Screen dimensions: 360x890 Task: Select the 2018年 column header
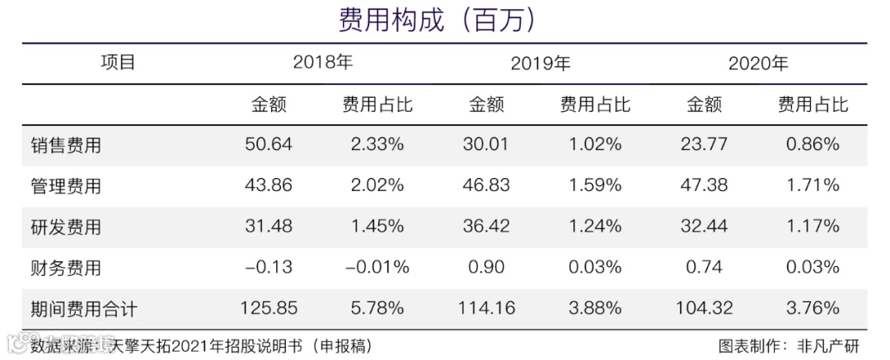[x=323, y=63]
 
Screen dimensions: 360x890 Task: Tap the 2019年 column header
[x=541, y=63]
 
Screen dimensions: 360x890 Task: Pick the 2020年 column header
[x=758, y=63]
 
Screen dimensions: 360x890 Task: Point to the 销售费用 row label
[x=65, y=145]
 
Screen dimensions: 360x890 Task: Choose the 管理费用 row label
[x=65, y=186]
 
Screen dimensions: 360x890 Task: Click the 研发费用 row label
[x=65, y=227]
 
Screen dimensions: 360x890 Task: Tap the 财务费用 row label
[x=65, y=268]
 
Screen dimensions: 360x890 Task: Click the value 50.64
[x=268, y=144]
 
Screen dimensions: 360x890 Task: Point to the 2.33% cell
[x=377, y=144]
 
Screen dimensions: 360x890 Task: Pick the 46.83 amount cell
[x=485, y=185]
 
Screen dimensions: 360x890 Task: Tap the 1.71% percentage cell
[x=813, y=185]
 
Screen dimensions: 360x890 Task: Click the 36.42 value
[x=485, y=226]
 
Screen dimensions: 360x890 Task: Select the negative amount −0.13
[x=268, y=267]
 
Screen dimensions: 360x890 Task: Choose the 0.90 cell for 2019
[x=485, y=267]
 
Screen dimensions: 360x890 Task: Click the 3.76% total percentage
[x=813, y=308]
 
